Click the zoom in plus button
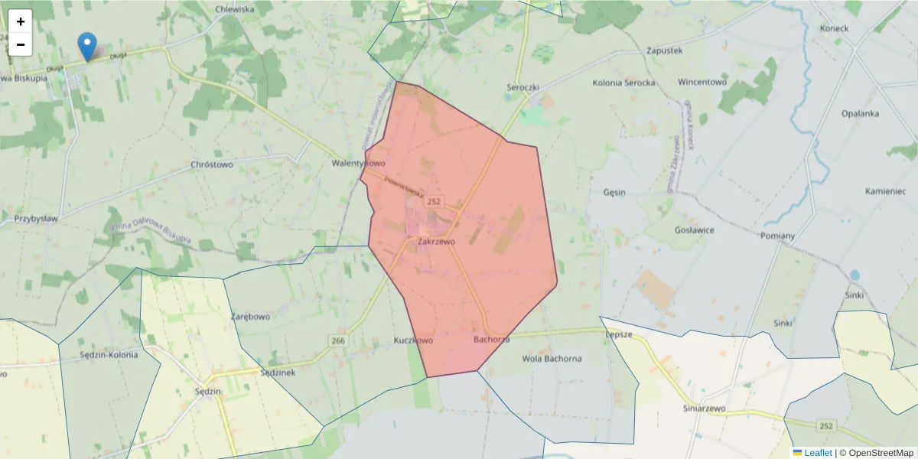pos(21,21)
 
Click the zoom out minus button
pos(21,44)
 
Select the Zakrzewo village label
pos(436,241)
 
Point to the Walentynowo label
pos(358,164)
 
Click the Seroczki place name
pos(523,87)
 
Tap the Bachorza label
pos(491,339)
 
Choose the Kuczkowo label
pos(413,340)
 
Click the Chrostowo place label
pos(211,164)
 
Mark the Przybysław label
pos(36,218)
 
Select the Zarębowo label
pos(251,316)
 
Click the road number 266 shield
pos(338,340)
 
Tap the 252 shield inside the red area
pos(435,201)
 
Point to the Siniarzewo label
pos(704,409)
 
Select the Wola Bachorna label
pos(552,358)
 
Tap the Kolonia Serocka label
pos(623,82)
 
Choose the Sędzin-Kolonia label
pos(109,355)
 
